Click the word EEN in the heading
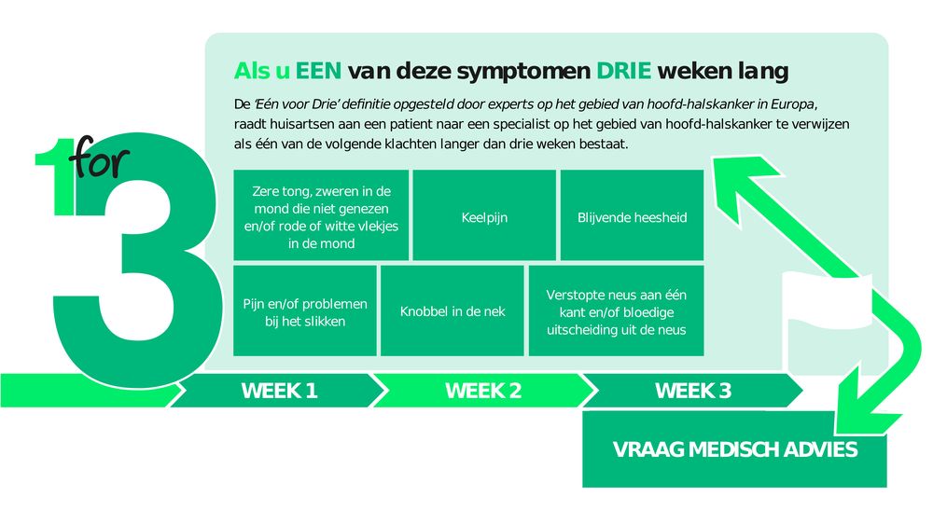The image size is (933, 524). coord(318,71)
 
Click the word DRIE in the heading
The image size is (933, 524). coord(623,71)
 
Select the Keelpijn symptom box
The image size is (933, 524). coord(484,215)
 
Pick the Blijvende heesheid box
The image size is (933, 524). coord(632,215)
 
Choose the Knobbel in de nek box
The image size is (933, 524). coord(453,310)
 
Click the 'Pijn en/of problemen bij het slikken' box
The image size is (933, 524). coord(305,310)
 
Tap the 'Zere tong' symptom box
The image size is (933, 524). coord(321,215)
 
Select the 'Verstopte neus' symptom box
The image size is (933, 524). coord(617,310)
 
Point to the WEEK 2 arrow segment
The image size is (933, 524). coord(483,391)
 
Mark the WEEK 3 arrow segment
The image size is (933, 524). coord(692,391)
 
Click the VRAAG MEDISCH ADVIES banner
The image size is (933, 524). coord(734,449)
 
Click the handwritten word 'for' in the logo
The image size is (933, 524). coord(100,158)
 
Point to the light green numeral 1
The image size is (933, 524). coord(58,177)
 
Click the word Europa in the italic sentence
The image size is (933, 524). coord(794,104)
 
